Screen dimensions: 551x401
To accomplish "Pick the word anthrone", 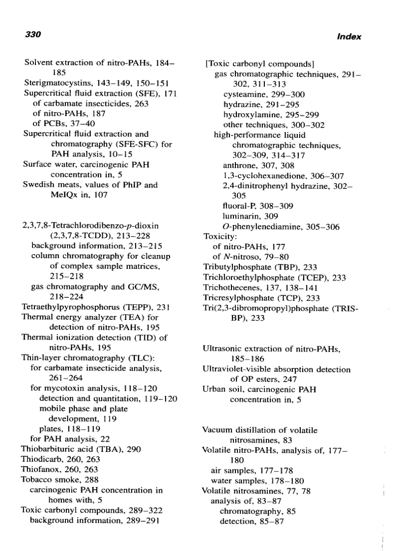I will tap(239, 166).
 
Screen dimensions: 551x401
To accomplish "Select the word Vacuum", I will tap(217, 430).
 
